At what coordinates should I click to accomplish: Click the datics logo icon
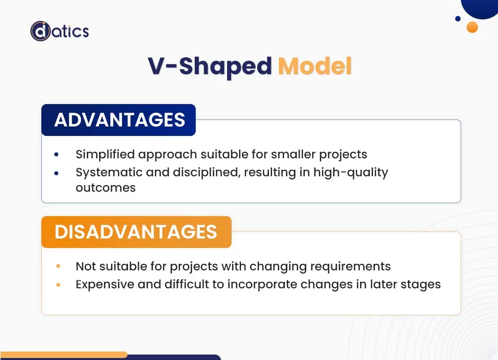tap(40, 31)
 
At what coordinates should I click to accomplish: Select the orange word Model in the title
tap(315, 67)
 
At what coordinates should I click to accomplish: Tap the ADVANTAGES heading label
tap(120, 120)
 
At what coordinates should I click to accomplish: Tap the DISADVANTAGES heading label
tap(135, 232)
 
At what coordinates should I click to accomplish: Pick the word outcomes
tap(106, 188)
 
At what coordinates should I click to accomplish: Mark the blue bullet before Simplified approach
tap(57, 155)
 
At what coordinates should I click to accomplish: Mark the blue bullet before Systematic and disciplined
tap(57, 173)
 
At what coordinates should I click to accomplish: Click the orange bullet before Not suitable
tap(58, 266)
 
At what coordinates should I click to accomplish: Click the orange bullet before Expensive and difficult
tap(58, 285)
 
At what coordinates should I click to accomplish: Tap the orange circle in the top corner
tap(472, 27)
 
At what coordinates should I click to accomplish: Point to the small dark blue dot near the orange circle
tap(458, 19)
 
